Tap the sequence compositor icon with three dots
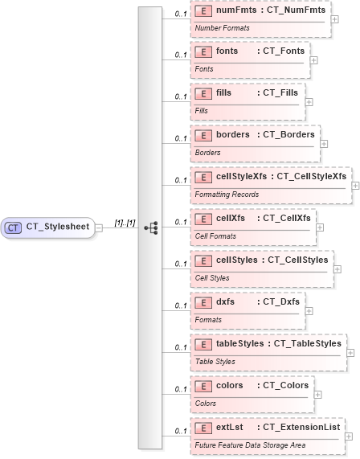point(150,228)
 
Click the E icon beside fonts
point(204,51)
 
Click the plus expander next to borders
point(324,145)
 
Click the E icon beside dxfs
point(204,301)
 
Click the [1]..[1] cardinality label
point(125,223)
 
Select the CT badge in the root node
point(14,227)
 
